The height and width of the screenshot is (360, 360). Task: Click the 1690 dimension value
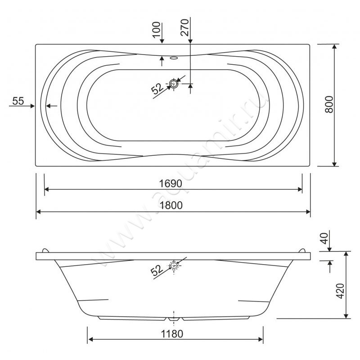click(171, 183)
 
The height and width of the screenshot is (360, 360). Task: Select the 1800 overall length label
click(171, 205)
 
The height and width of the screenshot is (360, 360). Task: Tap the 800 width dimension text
click(329, 104)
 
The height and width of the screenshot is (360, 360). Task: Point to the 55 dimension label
click(18, 101)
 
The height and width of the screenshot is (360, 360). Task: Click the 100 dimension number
click(156, 30)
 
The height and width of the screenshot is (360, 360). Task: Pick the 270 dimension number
click(184, 27)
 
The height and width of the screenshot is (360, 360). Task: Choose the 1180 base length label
click(172, 334)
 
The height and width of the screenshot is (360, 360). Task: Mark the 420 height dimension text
click(340, 291)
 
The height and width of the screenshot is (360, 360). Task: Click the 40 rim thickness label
click(324, 238)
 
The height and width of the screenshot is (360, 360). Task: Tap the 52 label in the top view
click(157, 88)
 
